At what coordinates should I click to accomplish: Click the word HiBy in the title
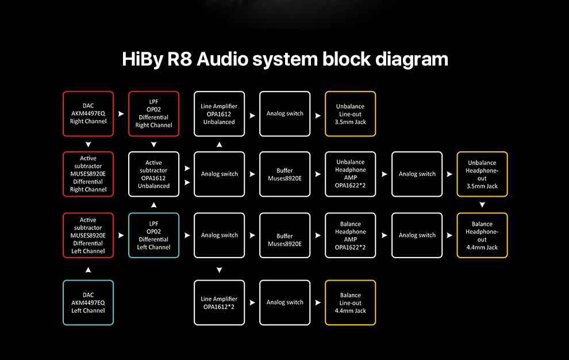(x=141, y=59)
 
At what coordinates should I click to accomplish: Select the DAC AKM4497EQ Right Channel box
(x=88, y=114)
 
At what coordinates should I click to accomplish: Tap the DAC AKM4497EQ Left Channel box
(x=88, y=302)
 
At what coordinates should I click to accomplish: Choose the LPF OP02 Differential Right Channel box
(x=153, y=114)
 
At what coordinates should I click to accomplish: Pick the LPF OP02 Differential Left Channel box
(x=153, y=235)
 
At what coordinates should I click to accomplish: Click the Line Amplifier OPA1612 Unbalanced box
(x=219, y=114)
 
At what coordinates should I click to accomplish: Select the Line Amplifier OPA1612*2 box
(x=219, y=302)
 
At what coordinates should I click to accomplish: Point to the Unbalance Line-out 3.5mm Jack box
(x=350, y=114)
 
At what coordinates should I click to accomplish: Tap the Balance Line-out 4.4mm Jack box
(x=350, y=302)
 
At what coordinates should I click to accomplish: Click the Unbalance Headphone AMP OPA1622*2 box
(x=350, y=174)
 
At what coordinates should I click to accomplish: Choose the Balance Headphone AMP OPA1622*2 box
(x=350, y=235)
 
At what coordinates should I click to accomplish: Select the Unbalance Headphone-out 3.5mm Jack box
(x=482, y=174)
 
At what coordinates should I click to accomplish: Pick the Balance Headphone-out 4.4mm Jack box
(x=482, y=235)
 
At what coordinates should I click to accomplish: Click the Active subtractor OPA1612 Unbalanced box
(x=153, y=174)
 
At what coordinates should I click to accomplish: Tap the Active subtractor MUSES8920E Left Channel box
(x=88, y=235)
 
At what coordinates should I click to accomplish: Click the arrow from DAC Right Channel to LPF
(x=121, y=114)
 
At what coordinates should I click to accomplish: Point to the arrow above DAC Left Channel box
(x=88, y=269)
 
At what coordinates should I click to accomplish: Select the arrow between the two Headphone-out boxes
(x=482, y=205)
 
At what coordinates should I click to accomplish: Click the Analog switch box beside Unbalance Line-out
(x=284, y=114)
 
